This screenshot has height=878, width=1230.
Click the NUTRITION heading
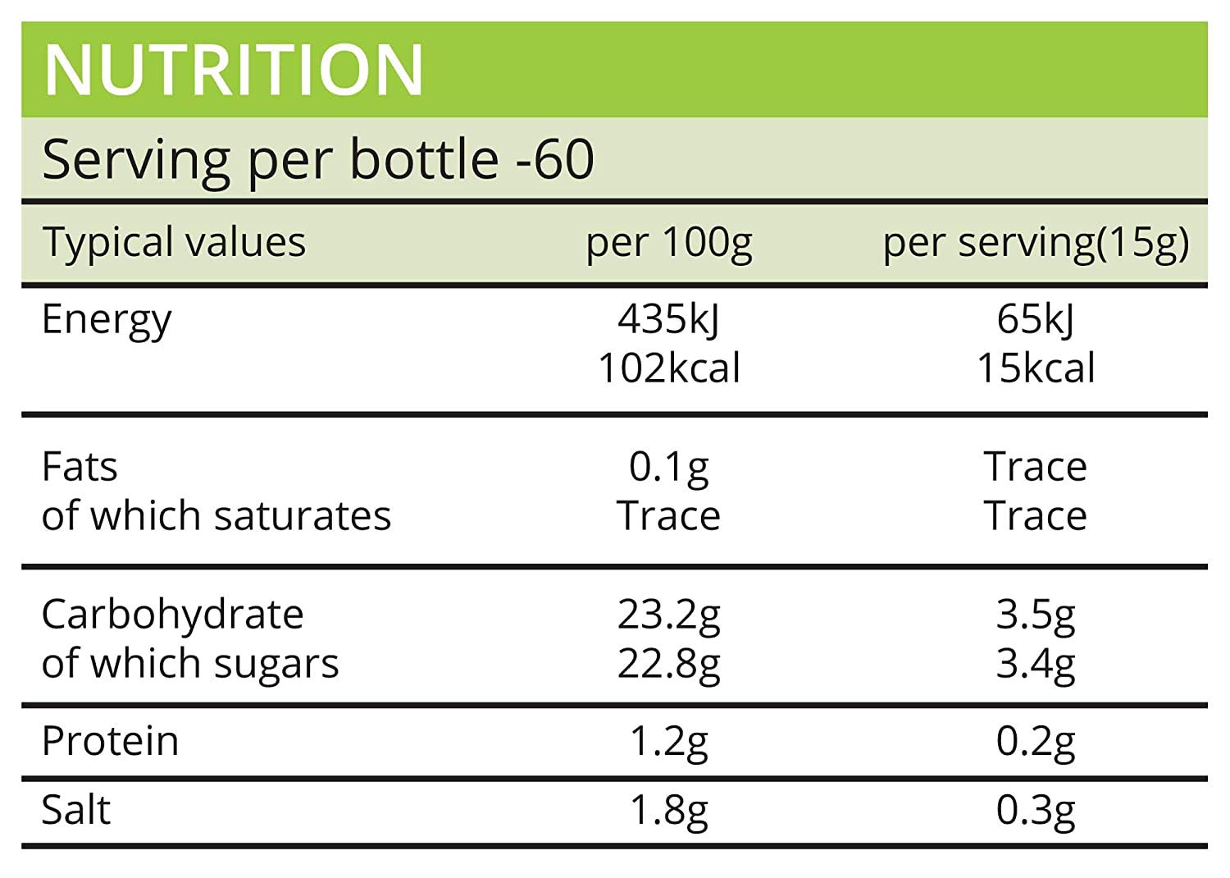234,71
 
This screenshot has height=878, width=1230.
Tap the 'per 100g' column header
668,244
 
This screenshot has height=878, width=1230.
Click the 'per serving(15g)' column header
1035,244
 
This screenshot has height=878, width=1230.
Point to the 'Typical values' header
174,243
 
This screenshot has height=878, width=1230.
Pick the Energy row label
107,319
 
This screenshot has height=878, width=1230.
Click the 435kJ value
668,319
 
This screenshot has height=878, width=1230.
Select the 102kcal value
668,368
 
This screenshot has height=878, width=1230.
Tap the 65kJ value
1035,319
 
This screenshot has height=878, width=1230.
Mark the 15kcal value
1035,368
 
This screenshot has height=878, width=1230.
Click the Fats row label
80,467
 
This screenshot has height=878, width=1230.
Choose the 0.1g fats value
668,467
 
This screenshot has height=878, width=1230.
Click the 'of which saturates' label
216,516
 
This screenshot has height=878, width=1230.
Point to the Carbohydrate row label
172,615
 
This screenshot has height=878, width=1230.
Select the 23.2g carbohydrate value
668,615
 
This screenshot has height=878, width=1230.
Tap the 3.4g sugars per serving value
1035,664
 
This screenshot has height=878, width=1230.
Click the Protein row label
110,741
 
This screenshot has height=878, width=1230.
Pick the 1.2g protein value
668,741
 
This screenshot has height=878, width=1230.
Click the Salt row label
75,810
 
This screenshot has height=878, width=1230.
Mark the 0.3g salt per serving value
1035,810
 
